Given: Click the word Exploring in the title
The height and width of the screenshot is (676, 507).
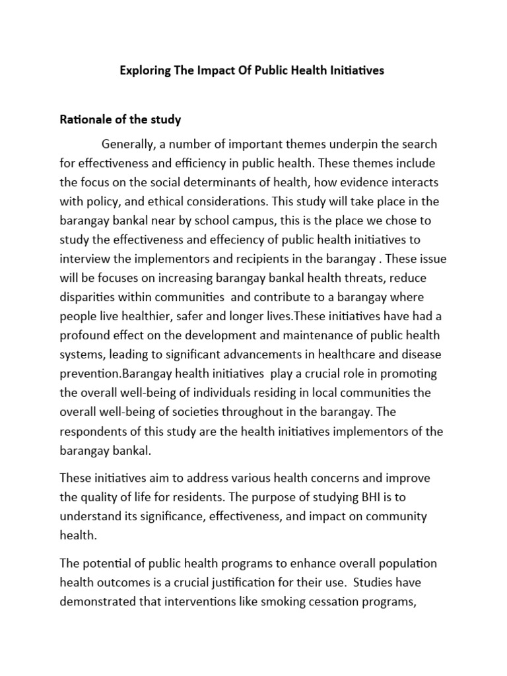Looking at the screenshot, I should click(145, 70).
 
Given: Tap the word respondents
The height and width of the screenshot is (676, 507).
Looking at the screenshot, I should click(94, 431).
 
